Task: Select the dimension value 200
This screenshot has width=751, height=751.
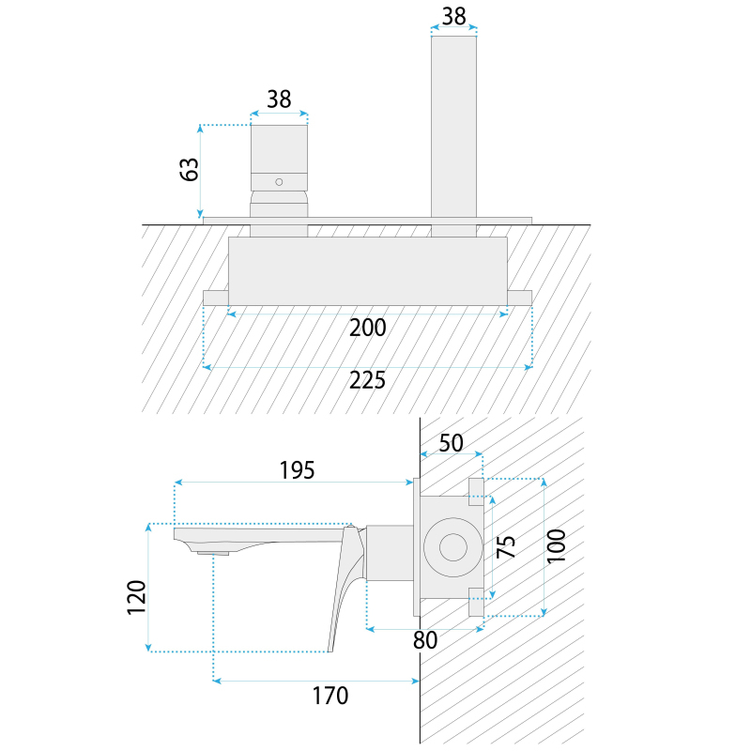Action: [x=368, y=328]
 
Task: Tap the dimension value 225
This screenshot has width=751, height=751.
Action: [x=368, y=380]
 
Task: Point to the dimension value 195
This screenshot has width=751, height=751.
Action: [x=295, y=469]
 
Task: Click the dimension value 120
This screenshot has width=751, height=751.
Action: [x=137, y=597]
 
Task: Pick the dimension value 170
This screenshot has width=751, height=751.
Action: [x=330, y=696]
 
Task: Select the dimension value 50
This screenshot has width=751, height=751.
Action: [x=452, y=443]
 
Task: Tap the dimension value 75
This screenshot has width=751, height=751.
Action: [x=506, y=546]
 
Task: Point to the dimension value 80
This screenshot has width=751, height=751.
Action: [x=425, y=641]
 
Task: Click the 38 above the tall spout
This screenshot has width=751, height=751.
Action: [x=454, y=15]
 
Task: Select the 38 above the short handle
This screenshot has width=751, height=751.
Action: [x=279, y=99]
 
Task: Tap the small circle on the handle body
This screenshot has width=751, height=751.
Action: [x=279, y=180]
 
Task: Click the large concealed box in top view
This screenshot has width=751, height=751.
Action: [x=368, y=270]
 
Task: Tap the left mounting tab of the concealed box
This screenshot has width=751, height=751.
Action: [x=216, y=298]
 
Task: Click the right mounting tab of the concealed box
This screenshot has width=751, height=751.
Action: [x=519, y=298]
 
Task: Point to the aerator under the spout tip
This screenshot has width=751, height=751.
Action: [x=214, y=553]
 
